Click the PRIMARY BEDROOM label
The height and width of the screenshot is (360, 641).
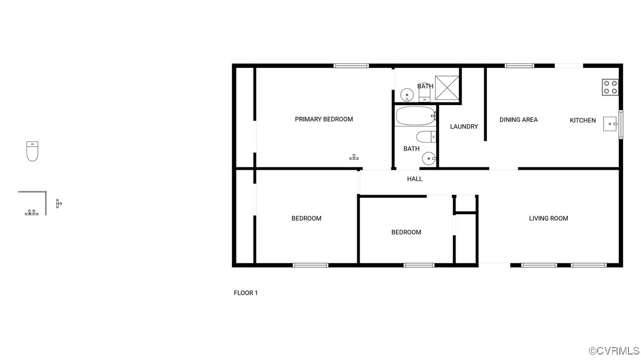[x=324, y=119]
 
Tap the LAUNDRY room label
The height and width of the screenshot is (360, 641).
[x=464, y=127]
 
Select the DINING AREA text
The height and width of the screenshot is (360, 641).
[x=518, y=120]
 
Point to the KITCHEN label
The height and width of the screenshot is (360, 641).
[x=582, y=120]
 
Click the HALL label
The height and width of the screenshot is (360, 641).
[x=415, y=179]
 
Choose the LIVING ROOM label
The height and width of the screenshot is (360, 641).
[x=548, y=218]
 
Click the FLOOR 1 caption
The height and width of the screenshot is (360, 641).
[x=246, y=293]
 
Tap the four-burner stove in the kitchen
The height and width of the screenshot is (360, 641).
[x=610, y=87]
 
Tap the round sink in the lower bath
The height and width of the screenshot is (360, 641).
[x=428, y=159]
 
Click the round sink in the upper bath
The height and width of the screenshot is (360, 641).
[x=406, y=95]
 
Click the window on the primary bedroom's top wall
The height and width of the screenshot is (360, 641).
[x=351, y=66]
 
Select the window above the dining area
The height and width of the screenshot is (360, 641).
[x=519, y=66]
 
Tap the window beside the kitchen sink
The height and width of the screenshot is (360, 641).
[x=621, y=124]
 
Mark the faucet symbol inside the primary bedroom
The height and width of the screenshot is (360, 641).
[x=354, y=157]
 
